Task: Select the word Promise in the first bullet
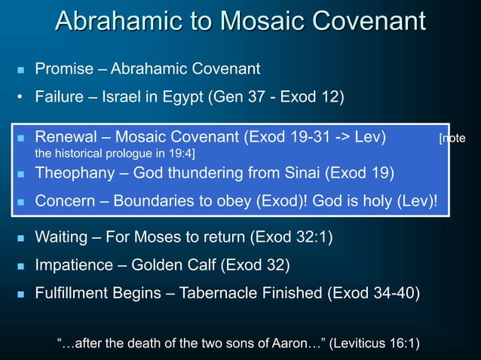pos(64,70)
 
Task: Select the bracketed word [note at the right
pos(452,139)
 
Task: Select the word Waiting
pos(63,238)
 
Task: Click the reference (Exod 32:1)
pos(290,238)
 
